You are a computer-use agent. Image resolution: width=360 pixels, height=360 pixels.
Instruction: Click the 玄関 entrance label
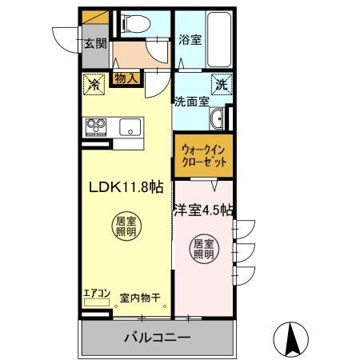pos(95,44)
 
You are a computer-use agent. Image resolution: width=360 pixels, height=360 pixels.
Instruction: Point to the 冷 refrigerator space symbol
pos(94,82)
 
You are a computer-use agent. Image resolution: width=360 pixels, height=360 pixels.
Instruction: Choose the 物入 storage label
pos(126,78)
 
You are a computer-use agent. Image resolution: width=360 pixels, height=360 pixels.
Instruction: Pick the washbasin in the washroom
pos(217,121)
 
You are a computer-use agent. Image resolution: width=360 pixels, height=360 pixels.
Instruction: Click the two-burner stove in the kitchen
pos(98,127)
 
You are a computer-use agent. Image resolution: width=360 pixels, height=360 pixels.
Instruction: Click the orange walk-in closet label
pos(204,154)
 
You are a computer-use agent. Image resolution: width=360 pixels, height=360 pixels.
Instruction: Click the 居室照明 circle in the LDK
pos(124,226)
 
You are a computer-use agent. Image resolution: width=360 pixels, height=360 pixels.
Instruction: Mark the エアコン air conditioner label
pos(96,293)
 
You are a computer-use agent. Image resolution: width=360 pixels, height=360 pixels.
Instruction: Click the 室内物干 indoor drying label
pos(140,298)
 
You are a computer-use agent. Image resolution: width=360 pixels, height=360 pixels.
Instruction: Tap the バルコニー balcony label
pos(157,338)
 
